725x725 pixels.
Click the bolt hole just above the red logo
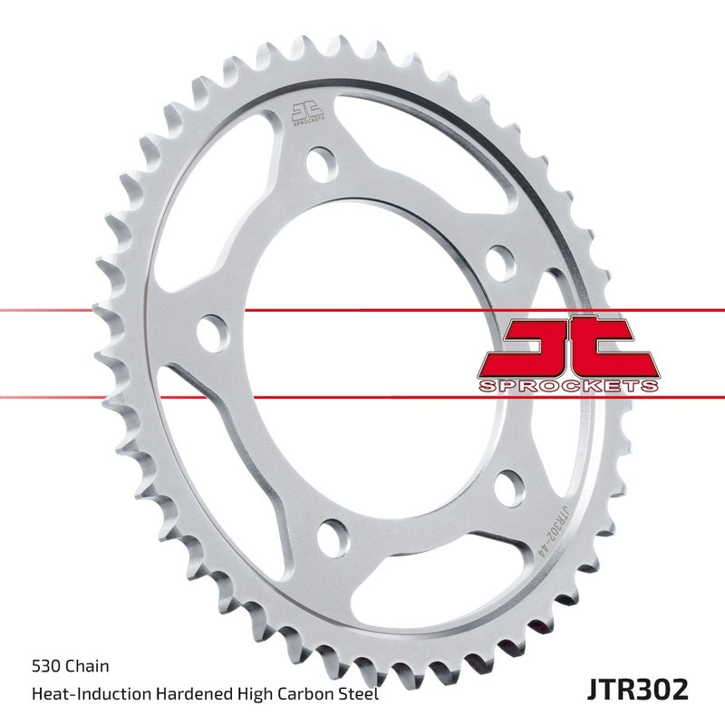[500, 264]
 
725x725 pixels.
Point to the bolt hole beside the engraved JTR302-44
[509, 488]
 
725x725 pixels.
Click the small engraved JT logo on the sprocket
[306, 111]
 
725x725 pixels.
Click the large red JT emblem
[569, 346]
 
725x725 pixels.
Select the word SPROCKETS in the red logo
[568, 385]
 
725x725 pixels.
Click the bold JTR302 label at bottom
[638, 690]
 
